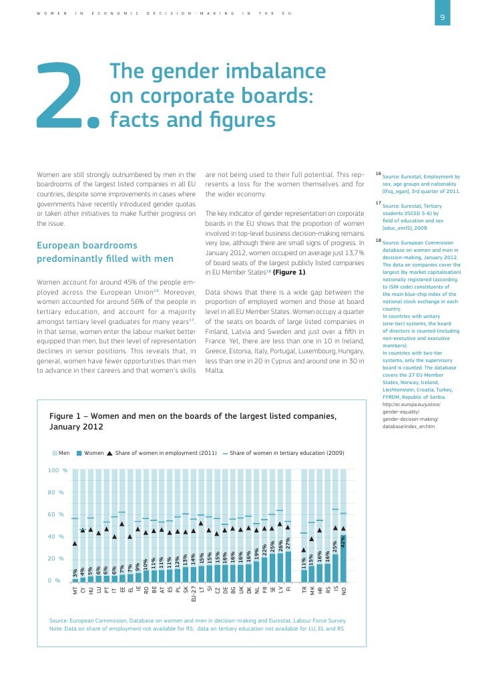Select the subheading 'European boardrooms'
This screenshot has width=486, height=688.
[87, 245]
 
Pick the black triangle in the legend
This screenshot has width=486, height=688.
[109, 453]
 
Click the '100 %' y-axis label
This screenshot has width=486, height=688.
[58, 471]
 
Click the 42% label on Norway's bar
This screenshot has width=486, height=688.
[344, 543]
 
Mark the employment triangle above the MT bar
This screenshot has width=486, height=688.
[75, 543]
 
